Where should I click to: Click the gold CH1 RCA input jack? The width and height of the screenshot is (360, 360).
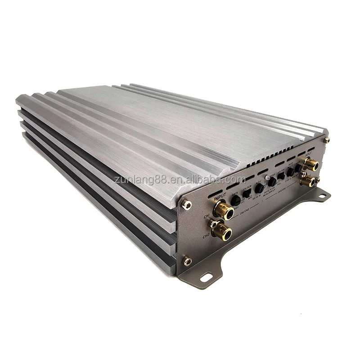click(224, 210)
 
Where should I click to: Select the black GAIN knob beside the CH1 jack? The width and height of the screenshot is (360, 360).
click(236, 201)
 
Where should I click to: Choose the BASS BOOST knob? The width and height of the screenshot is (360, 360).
click(291, 171)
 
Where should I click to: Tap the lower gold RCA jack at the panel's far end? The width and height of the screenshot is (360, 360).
click(308, 181)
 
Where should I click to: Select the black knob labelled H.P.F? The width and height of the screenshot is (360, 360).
click(259, 189)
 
